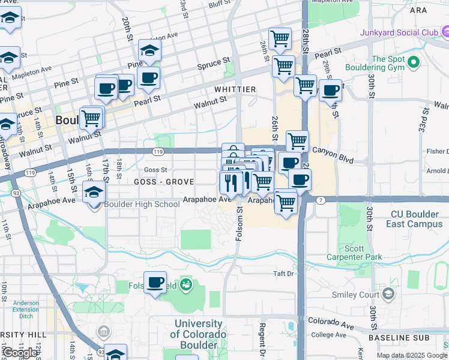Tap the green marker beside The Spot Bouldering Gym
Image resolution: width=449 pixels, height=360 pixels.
point(413,62)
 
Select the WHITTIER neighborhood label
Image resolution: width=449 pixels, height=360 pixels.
point(235,89)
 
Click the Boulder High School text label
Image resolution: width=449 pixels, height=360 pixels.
point(142,204)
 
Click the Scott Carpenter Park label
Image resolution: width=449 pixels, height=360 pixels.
point(363,253)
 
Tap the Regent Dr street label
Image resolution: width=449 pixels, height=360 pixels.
point(262,340)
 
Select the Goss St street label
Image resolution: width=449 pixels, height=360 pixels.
point(155,170)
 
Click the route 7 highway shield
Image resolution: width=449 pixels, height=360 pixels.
point(321,199)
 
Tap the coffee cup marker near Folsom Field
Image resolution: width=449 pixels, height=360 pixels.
point(155,283)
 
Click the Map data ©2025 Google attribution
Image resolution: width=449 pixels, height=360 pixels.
point(412,355)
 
